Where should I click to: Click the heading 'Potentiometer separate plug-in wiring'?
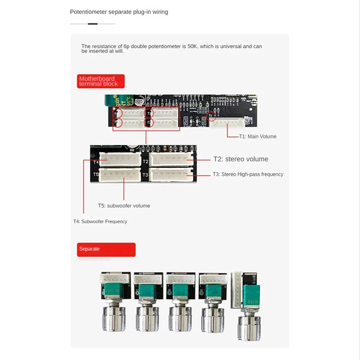[119, 12]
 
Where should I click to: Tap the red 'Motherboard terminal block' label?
[100, 81]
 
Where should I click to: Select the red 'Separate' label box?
[106, 249]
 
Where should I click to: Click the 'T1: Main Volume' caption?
[257, 136]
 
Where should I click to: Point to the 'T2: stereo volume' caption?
[240, 159]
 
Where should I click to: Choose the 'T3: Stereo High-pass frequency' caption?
[248, 174]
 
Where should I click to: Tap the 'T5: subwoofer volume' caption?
[124, 206]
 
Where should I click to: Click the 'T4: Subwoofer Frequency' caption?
[100, 221]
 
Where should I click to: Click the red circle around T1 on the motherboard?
[210, 117]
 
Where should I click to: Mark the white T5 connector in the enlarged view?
[119, 175]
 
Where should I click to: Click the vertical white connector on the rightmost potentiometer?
[237, 289]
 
